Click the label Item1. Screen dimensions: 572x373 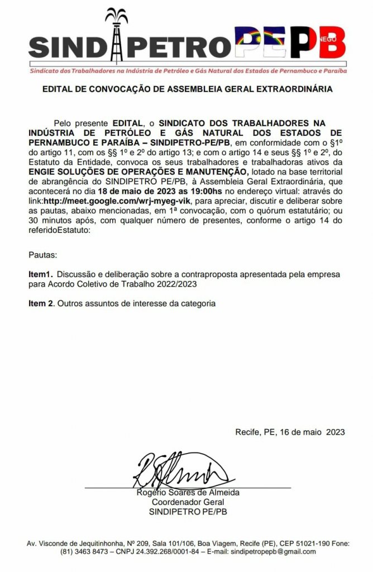pos(40,275)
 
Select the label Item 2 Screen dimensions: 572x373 pos(42,303)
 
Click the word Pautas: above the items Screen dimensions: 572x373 pos(42,255)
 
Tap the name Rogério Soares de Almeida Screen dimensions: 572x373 pos(188,493)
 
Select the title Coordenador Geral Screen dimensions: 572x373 pos(188,502)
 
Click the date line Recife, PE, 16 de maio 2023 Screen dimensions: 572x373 pos(290,432)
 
